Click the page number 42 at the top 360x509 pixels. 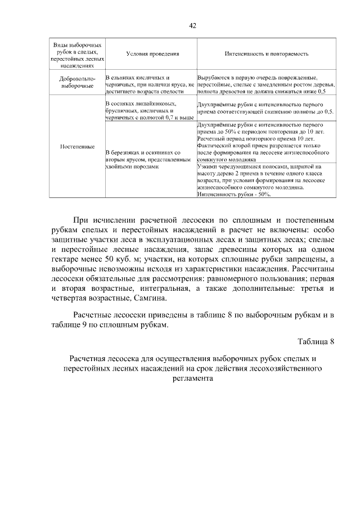click(x=192, y=25)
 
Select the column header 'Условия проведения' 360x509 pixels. click(x=152, y=54)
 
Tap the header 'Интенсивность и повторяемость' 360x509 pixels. click(x=267, y=54)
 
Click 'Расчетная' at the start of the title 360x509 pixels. click(x=89, y=358)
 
